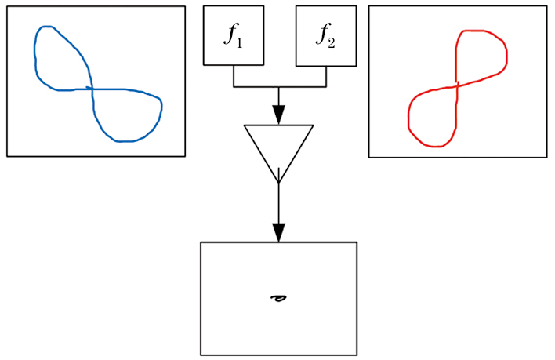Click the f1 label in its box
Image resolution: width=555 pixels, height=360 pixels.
(233, 35)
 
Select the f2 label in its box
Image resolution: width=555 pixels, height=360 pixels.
(325, 35)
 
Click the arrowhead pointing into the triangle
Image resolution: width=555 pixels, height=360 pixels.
(278, 115)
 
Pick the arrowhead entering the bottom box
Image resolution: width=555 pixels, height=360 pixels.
(278, 233)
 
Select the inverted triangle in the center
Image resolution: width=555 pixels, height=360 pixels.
(278, 146)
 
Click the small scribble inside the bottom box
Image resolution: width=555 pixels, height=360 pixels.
(277, 298)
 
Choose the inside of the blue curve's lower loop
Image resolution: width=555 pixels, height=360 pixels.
(125, 114)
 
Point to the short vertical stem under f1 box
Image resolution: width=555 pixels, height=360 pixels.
(234, 76)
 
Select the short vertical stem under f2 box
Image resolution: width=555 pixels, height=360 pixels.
(326, 76)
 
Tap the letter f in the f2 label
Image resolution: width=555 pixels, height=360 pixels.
(321, 35)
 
